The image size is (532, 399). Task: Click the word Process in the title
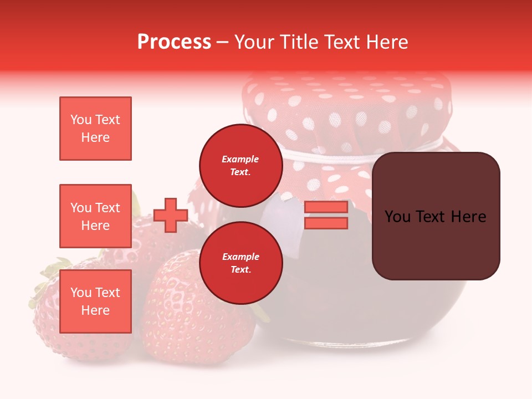(174, 42)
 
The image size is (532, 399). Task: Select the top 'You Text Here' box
(95, 129)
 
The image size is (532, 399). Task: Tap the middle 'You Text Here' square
(95, 216)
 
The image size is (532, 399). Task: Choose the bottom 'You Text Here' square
(95, 301)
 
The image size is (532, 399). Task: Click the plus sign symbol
(171, 215)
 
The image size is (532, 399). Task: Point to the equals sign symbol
(326, 215)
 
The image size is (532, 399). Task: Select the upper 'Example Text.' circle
(241, 165)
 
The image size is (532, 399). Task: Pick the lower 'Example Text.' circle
(241, 263)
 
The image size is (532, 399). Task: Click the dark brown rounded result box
(436, 216)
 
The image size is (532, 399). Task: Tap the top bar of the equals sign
(326, 207)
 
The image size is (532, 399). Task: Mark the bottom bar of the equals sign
(326, 223)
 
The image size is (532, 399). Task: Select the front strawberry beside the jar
(194, 310)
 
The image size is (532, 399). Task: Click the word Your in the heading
(255, 42)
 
